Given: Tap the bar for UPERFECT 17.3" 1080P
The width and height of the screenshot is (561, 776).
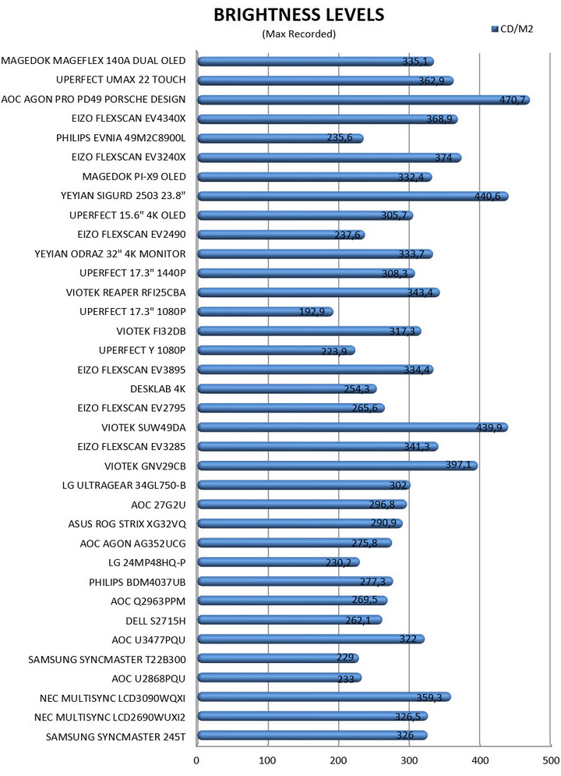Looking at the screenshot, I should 265,311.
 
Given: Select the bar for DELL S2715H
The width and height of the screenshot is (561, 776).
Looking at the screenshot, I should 289,619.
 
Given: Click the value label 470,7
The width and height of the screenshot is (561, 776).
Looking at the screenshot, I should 512,100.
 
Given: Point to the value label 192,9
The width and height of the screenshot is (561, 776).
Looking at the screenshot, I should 312,311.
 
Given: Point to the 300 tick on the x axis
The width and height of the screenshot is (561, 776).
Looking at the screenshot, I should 410,759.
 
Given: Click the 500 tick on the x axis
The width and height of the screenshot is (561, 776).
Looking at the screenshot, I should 550,759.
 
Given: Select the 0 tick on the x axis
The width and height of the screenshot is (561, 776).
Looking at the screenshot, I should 197,759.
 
